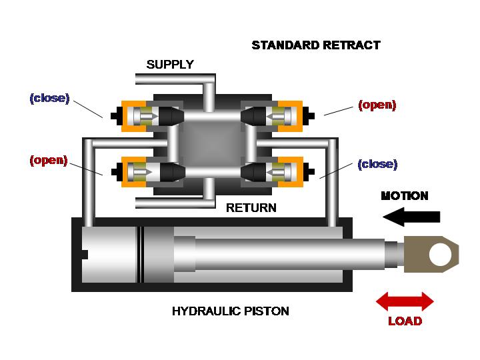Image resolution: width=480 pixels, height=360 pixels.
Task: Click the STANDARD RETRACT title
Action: point(316,45)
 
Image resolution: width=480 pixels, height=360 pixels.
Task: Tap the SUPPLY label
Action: point(170,65)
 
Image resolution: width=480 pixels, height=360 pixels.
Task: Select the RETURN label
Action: point(251,208)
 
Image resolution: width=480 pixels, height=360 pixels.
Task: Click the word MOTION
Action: point(405,196)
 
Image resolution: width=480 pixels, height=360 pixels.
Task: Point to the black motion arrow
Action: point(411,217)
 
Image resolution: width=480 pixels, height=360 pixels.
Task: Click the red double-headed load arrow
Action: point(405,301)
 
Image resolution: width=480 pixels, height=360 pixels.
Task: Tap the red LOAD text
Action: point(405,321)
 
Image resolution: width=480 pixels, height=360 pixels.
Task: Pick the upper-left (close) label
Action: point(49,98)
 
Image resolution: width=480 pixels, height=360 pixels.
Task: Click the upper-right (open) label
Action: point(377,105)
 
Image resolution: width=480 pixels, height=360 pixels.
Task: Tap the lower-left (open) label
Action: point(49,161)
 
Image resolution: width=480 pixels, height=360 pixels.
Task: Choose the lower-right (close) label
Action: point(377,165)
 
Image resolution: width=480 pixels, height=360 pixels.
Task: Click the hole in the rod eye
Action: point(440,255)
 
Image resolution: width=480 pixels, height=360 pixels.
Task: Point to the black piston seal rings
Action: point(140,255)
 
